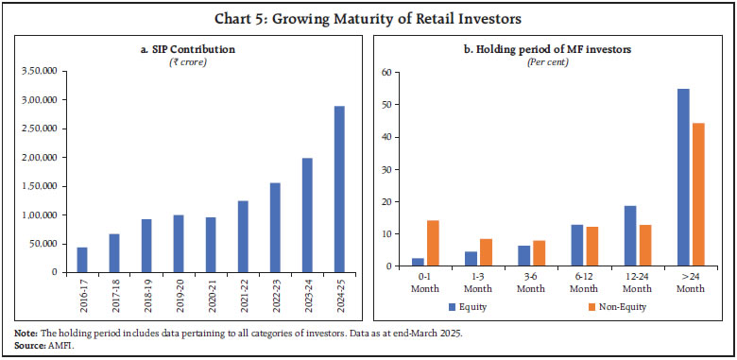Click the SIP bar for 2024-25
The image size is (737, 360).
pos(338,189)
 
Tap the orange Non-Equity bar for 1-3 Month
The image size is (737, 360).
pos(486,252)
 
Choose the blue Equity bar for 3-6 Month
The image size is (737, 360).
pos(523,256)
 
